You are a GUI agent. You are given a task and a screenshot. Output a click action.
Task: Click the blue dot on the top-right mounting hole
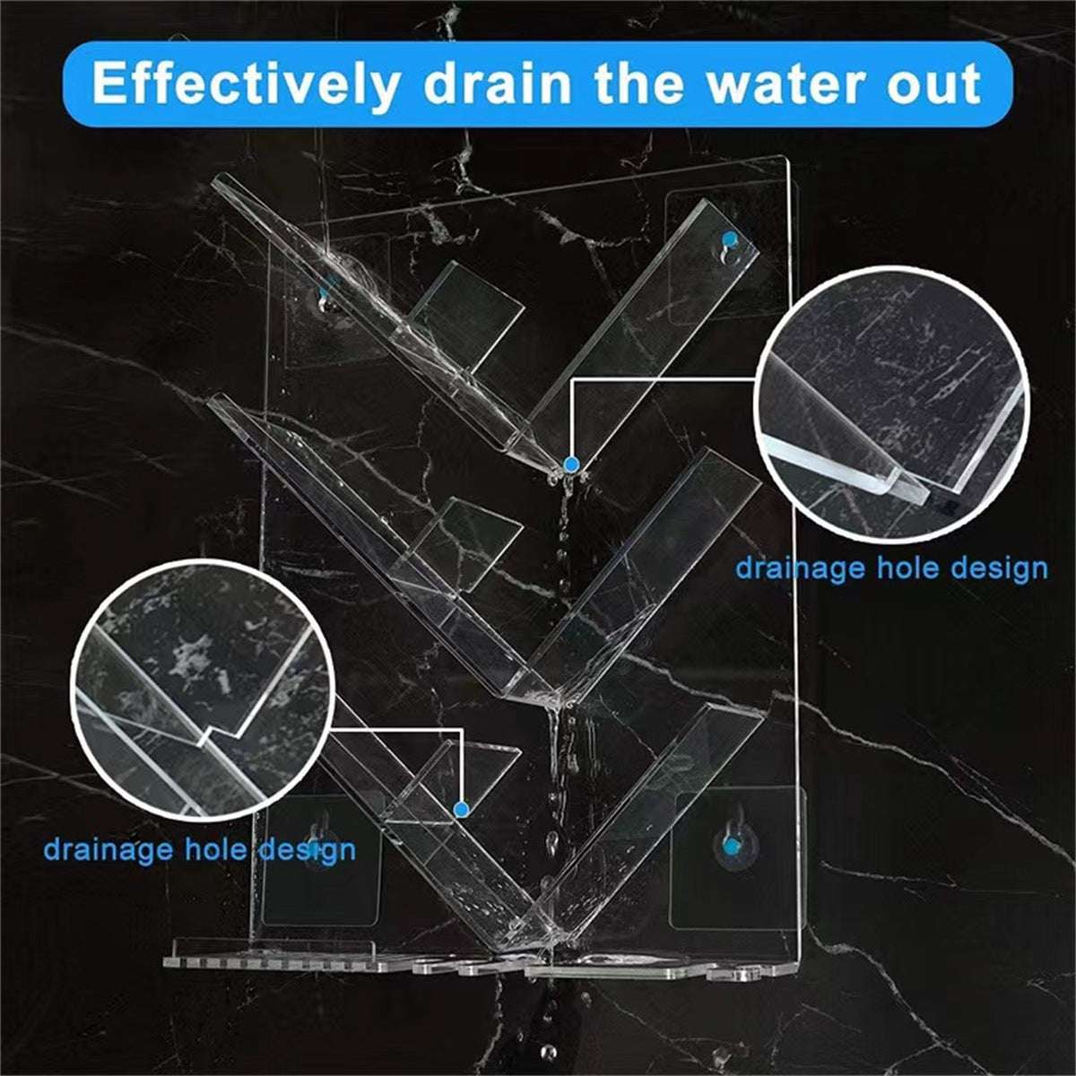(x=729, y=240)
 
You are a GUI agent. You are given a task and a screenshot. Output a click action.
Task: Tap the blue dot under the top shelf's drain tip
(x=570, y=464)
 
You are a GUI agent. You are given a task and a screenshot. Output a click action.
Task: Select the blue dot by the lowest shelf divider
(x=461, y=809)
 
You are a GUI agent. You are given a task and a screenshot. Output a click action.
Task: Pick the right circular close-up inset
(x=892, y=404)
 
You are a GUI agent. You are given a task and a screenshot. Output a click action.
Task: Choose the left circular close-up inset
(x=204, y=690)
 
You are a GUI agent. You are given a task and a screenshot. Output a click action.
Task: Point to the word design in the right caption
(x=1000, y=569)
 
